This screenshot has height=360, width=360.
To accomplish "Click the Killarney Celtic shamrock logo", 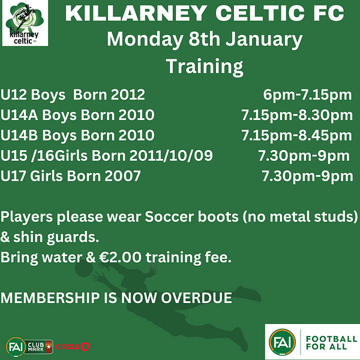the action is click(x=25, y=23).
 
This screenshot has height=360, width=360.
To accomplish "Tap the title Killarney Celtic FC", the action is click(x=205, y=13).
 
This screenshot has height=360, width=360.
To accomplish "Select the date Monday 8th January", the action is click(x=205, y=40).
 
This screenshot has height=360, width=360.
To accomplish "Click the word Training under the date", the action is click(x=205, y=67).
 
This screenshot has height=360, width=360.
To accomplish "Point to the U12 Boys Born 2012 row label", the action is click(x=73, y=95).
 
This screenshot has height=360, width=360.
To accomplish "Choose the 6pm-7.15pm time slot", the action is click(x=307, y=95).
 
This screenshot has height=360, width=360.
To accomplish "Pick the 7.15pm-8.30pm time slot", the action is click(x=297, y=115).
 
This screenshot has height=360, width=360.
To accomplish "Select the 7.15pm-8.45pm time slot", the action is click(x=296, y=136).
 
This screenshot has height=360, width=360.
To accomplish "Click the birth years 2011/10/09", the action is click(x=171, y=155).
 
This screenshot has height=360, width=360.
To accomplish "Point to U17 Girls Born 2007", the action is click(x=70, y=176).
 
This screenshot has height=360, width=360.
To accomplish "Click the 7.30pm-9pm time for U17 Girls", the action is click(x=307, y=176).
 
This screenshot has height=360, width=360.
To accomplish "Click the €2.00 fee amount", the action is click(x=121, y=257).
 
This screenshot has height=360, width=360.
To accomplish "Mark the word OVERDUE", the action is click(x=196, y=298).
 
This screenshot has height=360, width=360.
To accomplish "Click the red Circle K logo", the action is click(x=73, y=346).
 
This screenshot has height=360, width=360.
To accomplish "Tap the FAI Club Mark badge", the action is click(x=29, y=347).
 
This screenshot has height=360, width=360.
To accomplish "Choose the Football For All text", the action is click(x=331, y=343).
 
